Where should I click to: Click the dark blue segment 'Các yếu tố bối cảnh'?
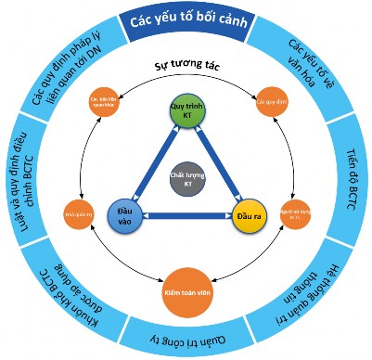[x=186, y=19]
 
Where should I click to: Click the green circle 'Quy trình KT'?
[x=186, y=112]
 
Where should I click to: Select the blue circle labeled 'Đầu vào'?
[x=124, y=212]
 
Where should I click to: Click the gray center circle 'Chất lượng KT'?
[x=186, y=177]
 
